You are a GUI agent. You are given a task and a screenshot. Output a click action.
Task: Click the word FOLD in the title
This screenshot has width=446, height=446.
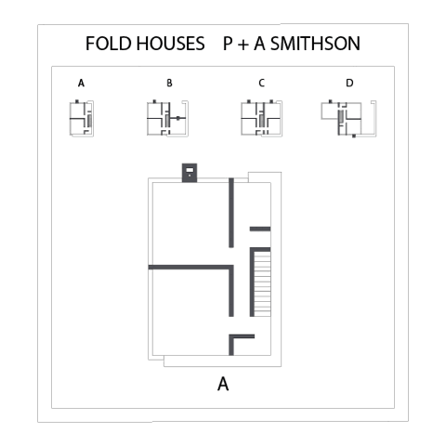coord(109,44)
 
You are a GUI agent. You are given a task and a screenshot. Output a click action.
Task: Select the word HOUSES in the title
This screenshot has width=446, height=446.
coord(171,44)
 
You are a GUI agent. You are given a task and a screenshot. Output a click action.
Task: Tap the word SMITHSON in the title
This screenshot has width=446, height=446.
coord(315,44)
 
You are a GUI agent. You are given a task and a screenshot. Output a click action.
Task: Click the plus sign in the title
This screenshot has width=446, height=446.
coord(243,45)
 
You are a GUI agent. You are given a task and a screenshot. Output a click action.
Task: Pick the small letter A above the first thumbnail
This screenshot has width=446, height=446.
coord(81,83)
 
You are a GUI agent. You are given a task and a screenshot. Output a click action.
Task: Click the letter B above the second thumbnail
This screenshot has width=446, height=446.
coord(169,83)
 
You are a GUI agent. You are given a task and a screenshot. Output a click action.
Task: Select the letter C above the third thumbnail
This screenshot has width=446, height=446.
coord(262,83)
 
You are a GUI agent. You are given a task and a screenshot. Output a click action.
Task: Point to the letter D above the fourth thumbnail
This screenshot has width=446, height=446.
coord(349,83)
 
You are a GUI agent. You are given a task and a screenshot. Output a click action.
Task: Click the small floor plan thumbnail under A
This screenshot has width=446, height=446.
coord(82,118)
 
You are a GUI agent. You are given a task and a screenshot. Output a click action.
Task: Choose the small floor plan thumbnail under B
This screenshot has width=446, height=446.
coord(167,118)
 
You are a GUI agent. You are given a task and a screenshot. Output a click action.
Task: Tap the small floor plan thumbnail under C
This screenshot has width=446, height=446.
coord(262,118)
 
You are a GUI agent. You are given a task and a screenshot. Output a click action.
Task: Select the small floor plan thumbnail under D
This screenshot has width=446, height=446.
coord(348,119)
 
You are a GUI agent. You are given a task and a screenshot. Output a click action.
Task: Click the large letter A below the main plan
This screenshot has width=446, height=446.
coord(223,385)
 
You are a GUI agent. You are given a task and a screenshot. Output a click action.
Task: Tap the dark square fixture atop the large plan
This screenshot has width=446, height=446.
coord(190,173)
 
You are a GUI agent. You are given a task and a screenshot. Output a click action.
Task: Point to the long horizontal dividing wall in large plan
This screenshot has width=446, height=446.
coord(190,267)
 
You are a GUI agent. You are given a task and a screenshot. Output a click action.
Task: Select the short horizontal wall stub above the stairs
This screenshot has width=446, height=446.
coord(260,229)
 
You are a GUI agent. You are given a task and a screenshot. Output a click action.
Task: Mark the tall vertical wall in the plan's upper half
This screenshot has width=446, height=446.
coord(231,213)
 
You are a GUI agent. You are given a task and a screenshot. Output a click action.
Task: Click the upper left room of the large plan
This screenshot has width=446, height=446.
coord(190,224)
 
